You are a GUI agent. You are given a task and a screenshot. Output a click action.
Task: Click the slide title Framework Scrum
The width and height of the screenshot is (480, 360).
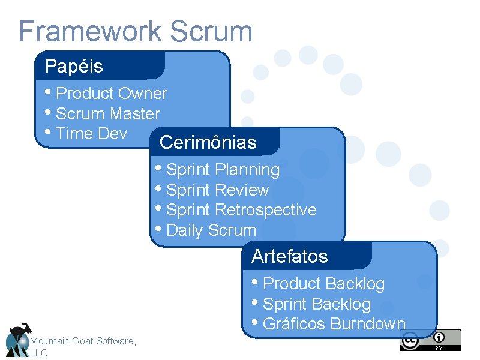pos(136,31)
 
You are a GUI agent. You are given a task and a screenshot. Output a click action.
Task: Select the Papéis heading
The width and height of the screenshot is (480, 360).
pos(74,66)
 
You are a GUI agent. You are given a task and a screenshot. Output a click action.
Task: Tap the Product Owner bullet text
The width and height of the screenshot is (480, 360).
pos(111,94)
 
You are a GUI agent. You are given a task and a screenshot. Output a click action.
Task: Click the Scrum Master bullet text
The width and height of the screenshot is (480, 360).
pos(107,114)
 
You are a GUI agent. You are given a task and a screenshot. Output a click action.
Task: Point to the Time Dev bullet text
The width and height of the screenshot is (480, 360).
pos(91,134)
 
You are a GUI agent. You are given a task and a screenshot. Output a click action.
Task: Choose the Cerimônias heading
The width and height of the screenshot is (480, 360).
pos(208,143)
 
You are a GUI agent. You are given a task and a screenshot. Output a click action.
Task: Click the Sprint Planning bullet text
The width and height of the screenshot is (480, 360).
pos(223,170)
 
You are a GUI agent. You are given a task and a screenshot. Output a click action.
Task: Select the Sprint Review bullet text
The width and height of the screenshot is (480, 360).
pos(217,190)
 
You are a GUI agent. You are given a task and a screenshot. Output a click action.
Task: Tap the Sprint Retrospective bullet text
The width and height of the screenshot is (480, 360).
pos(241,210)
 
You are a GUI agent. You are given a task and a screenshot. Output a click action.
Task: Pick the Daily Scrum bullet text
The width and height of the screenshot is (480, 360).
pos(211,230)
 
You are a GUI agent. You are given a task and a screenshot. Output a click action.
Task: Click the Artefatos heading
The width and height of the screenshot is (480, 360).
pos(290,257)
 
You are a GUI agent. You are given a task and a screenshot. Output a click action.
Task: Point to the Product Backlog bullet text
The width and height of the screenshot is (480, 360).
pos(323,284)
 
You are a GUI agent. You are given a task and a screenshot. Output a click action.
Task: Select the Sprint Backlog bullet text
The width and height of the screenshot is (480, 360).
pos(317,304)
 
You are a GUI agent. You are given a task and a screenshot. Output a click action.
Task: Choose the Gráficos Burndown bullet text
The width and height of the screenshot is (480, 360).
pos(334,324)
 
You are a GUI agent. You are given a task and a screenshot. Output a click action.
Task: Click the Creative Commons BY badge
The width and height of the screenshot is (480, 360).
pos(430,340)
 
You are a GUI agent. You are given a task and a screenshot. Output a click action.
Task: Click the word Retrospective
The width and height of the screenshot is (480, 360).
pos(265,210)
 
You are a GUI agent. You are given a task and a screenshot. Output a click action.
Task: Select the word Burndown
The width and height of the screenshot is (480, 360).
pos(368,324)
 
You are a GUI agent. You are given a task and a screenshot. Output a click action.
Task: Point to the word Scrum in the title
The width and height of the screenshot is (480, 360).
pos(211,31)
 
